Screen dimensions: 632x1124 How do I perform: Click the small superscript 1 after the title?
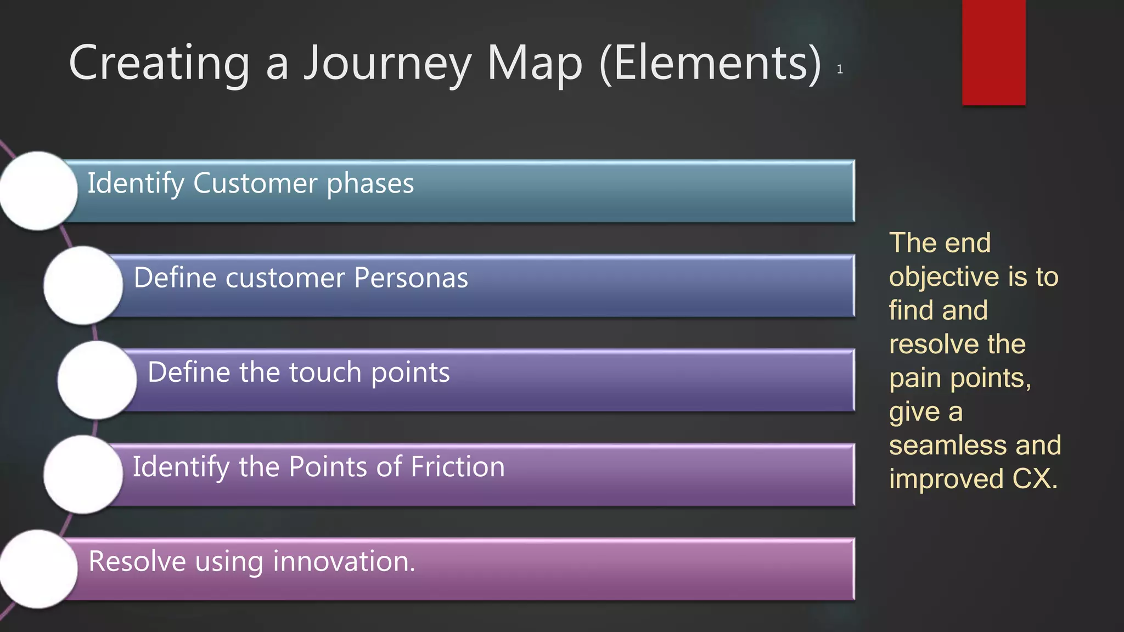(840, 70)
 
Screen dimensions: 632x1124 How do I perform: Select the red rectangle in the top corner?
(993, 52)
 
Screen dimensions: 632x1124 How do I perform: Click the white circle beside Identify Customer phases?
(38, 191)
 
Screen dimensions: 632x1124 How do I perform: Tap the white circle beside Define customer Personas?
(83, 285)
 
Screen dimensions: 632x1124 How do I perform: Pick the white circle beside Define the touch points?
(97, 380)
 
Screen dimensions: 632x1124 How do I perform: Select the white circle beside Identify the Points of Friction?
(83, 475)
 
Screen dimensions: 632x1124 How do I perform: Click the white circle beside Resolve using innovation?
(38, 569)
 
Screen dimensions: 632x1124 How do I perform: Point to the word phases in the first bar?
(370, 184)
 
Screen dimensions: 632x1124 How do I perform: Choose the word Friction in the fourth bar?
(457, 467)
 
